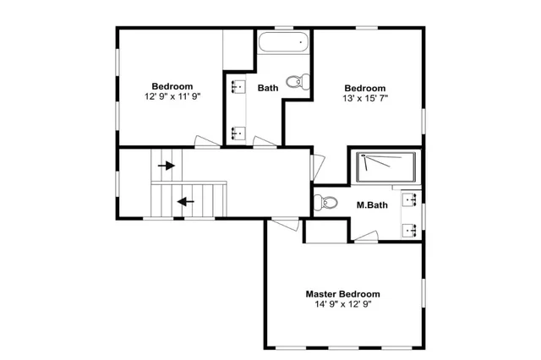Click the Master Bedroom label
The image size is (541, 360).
pyautogui.click(x=342, y=294)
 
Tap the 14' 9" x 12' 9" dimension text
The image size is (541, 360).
pyautogui.click(x=343, y=304)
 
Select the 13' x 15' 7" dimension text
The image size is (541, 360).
pyautogui.click(x=365, y=98)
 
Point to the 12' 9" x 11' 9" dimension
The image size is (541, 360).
pyautogui.click(x=172, y=96)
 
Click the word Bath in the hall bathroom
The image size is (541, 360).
pyautogui.click(x=268, y=88)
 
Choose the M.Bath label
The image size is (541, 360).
pyautogui.click(x=372, y=205)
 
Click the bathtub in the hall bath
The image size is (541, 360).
pyautogui.click(x=284, y=42)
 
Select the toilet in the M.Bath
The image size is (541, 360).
pyautogui.click(x=325, y=203)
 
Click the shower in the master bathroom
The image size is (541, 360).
pyautogui.click(x=385, y=167)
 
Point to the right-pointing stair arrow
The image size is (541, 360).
pyautogui.click(x=167, y=166)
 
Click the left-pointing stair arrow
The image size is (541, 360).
pyautogui.click(x=186, y=201)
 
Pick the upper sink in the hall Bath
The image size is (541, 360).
pyautogui.click(x=238, y=86)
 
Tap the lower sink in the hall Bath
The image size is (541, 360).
pyautogui.click(x=238, y=134)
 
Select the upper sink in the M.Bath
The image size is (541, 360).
pyautogui.click(x=410, y=199)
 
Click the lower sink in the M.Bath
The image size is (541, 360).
pyautogui.click(x=410, y=230)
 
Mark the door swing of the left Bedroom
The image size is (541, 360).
pyautogui.click(x=207, y=141)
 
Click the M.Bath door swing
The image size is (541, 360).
pyautogui.click(x=366, y=237)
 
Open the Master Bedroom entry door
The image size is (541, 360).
pyautogui.click(x=285, y=225)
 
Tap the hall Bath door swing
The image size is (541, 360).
pyautogui.click(x=265, y=142)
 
